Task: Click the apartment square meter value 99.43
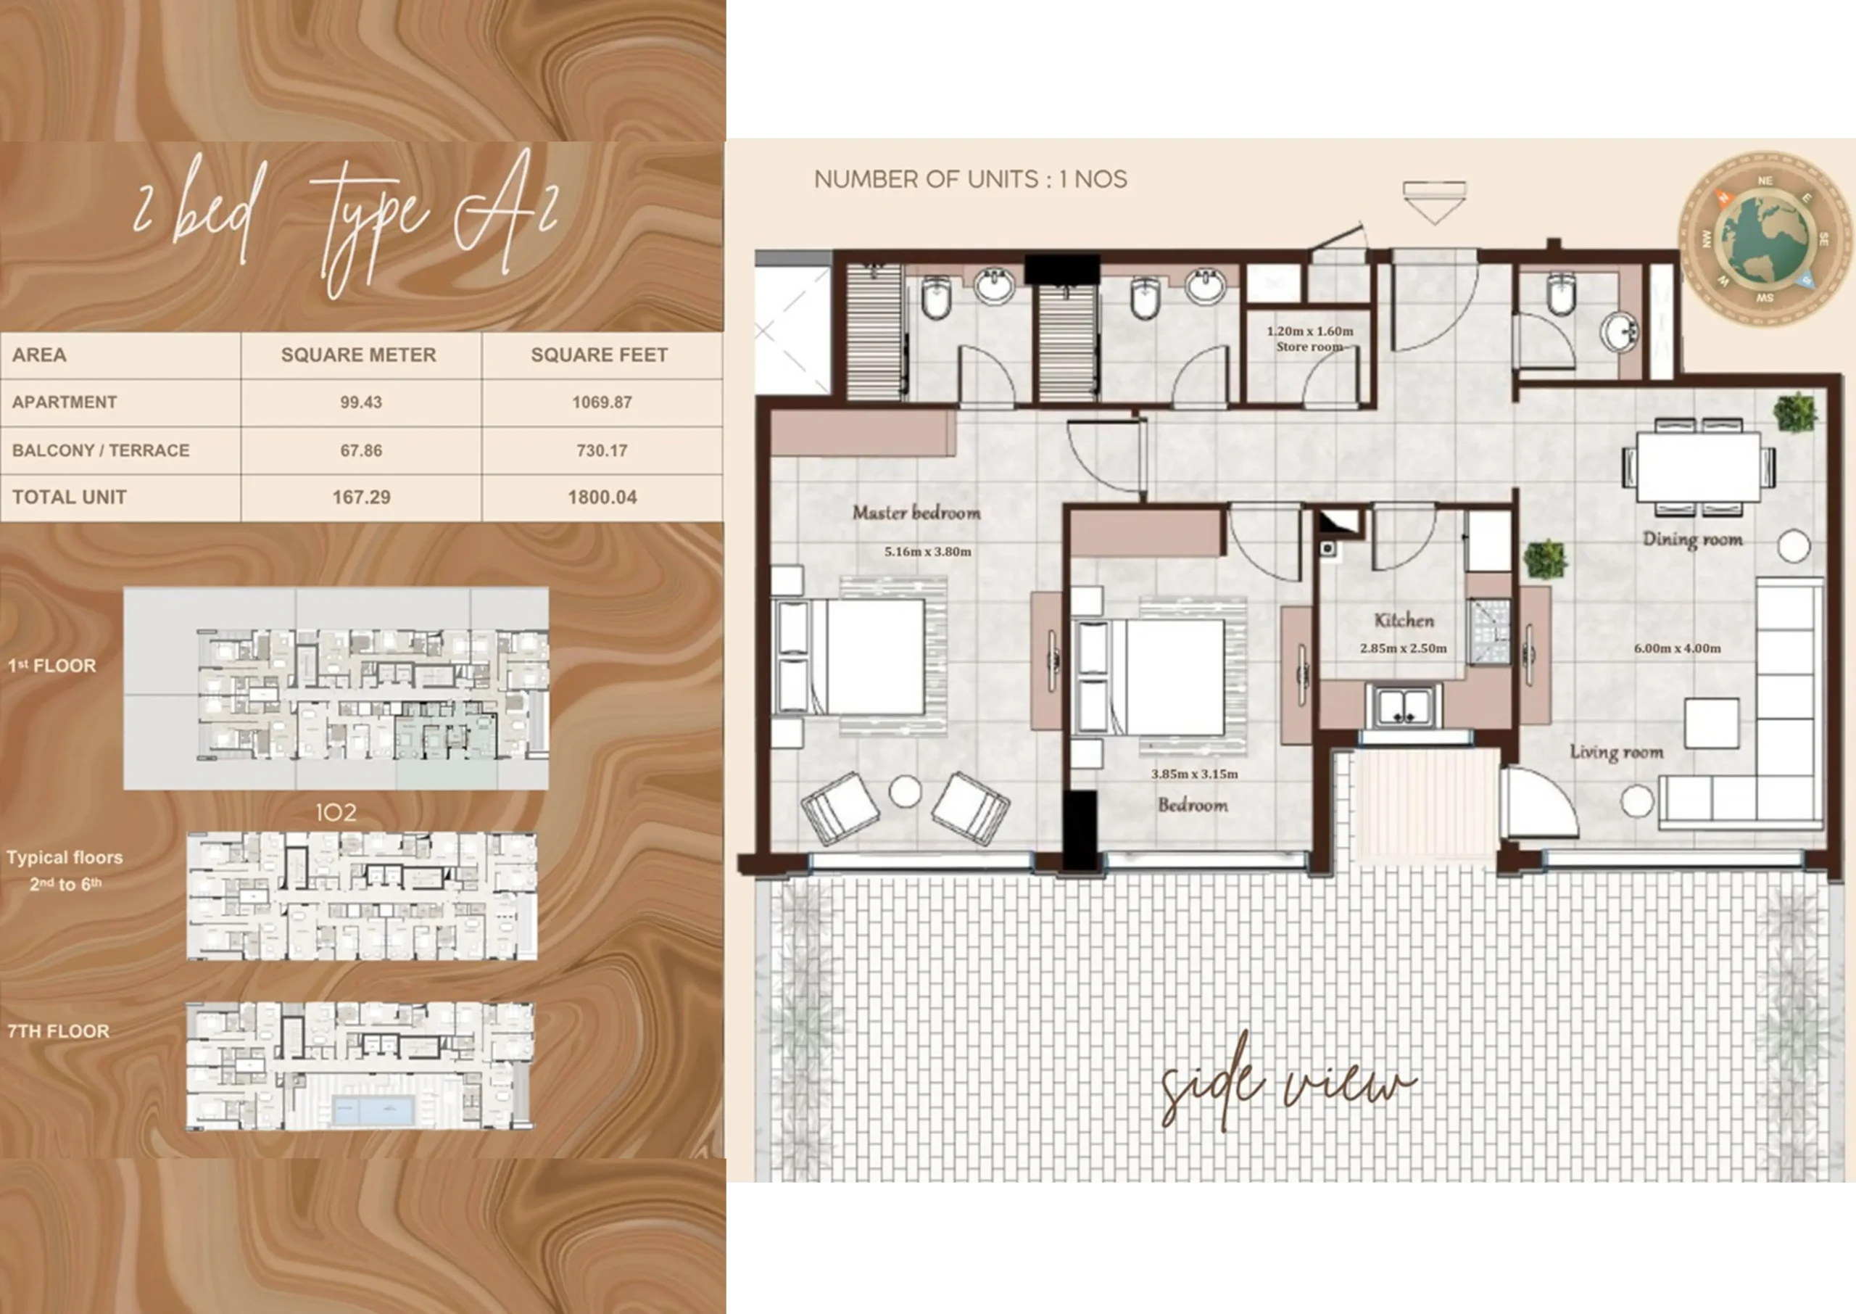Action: click(360, 402)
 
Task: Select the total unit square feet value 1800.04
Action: click(602, 497)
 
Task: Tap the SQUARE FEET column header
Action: click(600, 355)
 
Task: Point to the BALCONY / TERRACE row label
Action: click(100, 450)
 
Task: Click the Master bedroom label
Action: click(916, 512)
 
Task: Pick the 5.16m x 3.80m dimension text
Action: click(927, 552)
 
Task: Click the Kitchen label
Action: click(1404, 621)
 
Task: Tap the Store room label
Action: click(1309, 347)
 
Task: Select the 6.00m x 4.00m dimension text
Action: click(1677, 648)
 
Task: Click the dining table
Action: click(1698, 468)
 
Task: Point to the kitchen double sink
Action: click(1404, 706)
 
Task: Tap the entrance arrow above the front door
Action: click(1434, 202)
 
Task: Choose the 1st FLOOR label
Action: click(51, 665)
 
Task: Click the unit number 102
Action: click(336, 812)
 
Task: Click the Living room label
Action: click(1617, 753)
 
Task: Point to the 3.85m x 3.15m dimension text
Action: click(1195, 774)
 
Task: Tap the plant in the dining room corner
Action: click(1795, 412)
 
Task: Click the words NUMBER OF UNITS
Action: click(926, 179)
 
